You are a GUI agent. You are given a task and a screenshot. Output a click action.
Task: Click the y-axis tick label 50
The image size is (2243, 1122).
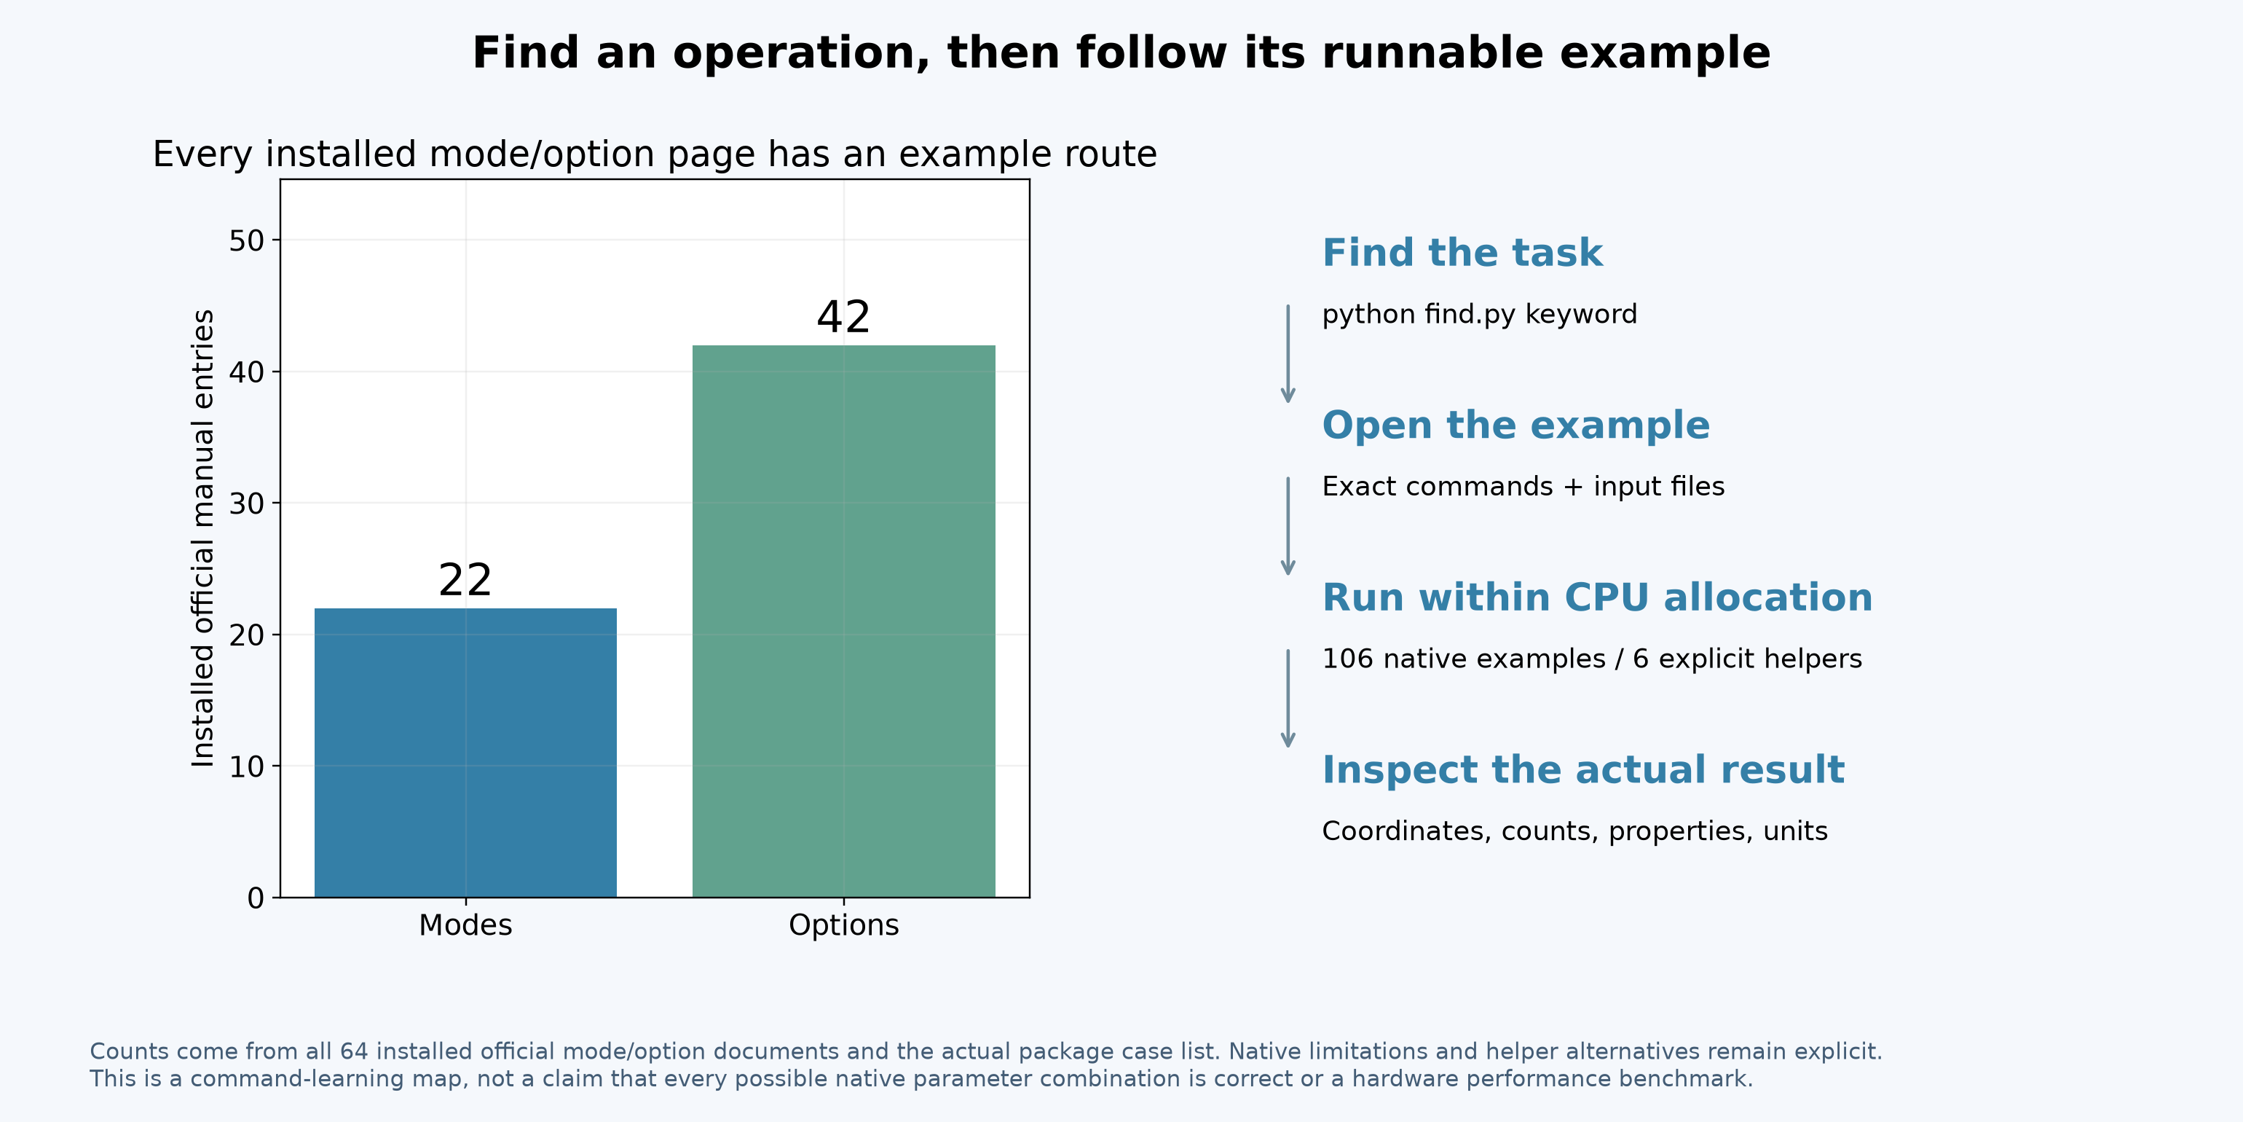click(246, 240)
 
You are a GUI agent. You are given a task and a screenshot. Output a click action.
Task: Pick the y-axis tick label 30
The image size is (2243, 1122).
click(246, 503)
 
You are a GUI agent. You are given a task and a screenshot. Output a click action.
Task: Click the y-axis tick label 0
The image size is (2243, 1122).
click(256, 898)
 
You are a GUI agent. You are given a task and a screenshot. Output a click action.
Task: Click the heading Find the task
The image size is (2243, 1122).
click(1462, 253)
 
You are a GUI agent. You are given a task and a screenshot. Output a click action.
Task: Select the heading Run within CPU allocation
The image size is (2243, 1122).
click(1597, 597)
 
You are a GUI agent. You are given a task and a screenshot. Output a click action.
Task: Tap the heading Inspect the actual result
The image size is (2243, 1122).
click(1583, 771)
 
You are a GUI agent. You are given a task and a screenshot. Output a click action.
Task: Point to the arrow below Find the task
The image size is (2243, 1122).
click(1288, 353)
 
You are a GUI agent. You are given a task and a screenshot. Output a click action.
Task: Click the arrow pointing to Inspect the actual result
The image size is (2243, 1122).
click(1288, 699)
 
